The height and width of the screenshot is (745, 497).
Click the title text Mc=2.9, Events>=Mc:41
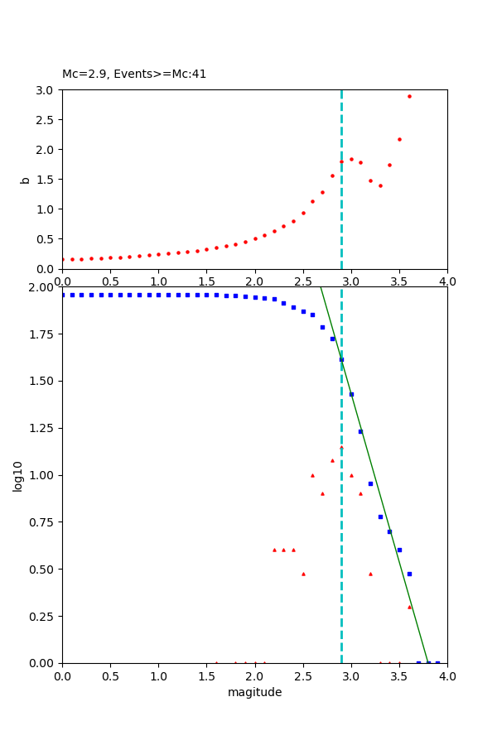tap(134, 74)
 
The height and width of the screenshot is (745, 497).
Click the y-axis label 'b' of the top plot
tap(25, 180)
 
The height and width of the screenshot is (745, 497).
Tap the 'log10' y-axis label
tap(17, 475)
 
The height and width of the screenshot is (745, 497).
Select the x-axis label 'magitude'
tap(254, 692)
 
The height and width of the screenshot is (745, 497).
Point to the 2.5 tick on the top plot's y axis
tap(44, 119)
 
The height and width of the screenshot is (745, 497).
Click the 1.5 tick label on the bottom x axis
tap(206, 676)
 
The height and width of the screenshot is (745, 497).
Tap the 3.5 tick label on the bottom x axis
tap(399, 676)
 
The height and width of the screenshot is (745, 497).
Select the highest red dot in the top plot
tap(409, 96)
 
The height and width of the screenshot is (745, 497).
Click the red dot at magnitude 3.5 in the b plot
tap(399, 139)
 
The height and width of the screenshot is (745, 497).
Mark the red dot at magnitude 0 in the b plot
tap(62, 259)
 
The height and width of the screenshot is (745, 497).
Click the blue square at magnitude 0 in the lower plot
tap(62, 295)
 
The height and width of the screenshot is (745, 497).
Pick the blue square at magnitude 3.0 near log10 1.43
tap(351, 394)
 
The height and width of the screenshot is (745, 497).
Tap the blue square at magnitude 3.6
tap(409, 574)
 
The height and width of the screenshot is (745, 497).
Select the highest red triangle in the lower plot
tap(341, 447)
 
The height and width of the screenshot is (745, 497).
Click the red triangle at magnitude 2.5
tap(303, 574)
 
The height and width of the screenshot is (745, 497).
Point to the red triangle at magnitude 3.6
tap(409, 606)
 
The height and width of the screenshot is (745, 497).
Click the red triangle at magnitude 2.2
tap(274, 550)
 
